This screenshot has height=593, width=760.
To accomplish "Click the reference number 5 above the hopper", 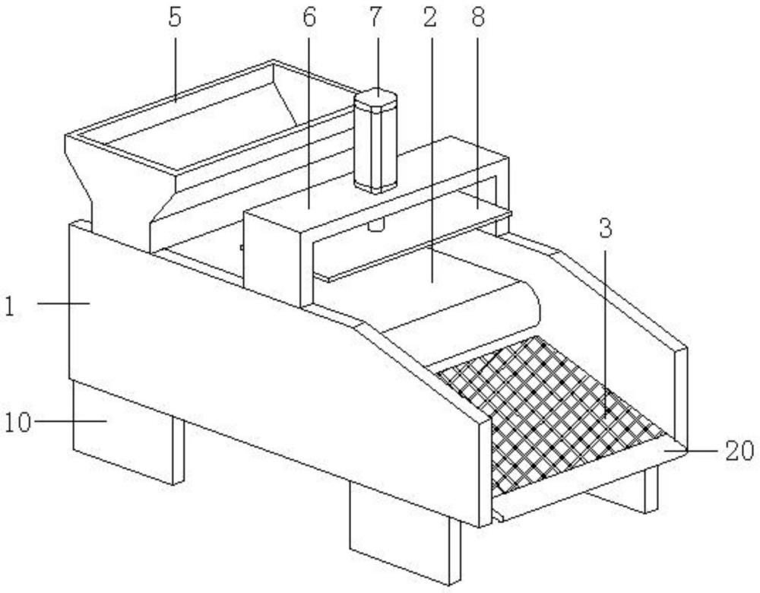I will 176,18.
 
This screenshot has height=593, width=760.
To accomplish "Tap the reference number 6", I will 309,18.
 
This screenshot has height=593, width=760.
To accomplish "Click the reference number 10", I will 21,420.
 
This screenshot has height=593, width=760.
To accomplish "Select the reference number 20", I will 739,450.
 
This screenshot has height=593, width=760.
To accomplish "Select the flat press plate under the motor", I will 410,243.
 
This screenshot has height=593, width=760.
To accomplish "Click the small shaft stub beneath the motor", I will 375,225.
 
